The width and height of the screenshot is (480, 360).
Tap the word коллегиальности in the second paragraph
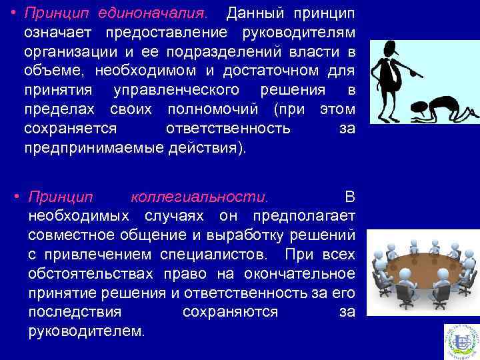[x=201, y=198]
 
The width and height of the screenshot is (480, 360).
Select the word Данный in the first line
[x=251, y=14]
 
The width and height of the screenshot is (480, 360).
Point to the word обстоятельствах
[x=83, y=274]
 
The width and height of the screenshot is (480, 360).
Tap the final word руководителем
[x=85, y=331]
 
